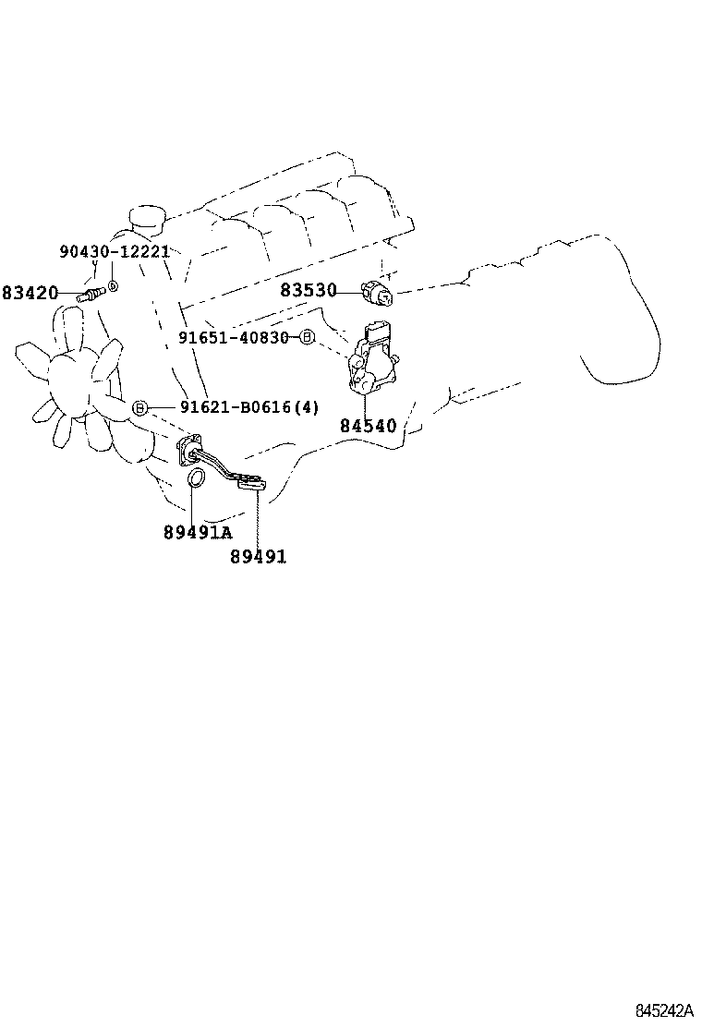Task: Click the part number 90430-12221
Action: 115,251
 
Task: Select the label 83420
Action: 30,294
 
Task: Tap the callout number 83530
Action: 309,290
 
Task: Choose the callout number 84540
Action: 368,426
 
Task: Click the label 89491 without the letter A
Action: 258,556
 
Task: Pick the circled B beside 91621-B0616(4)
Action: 140,407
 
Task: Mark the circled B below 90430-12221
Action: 112,286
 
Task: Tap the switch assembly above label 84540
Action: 374,360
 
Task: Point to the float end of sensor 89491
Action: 251,481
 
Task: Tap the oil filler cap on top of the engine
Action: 146,218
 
